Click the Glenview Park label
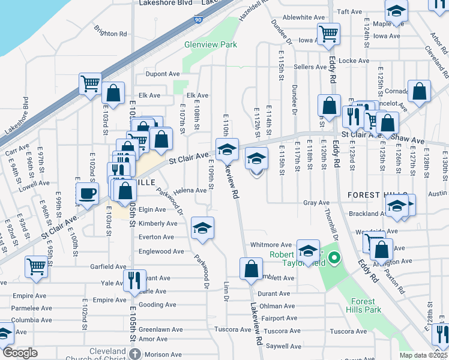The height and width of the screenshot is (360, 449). coord(211,44)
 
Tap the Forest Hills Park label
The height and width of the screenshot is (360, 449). coord(364,305)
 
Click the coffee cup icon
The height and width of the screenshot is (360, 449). coord(88,193)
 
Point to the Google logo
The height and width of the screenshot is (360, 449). coord(20,353)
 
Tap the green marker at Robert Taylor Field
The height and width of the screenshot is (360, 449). coord(336,259)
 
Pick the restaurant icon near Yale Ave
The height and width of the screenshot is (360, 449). coord(134,279)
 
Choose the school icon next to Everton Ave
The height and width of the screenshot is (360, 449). coord(202,228)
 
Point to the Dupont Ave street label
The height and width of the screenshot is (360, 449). coord(163,74)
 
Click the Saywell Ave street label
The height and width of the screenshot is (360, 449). coord(283,346)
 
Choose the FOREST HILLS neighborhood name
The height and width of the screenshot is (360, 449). coord(372,195)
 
